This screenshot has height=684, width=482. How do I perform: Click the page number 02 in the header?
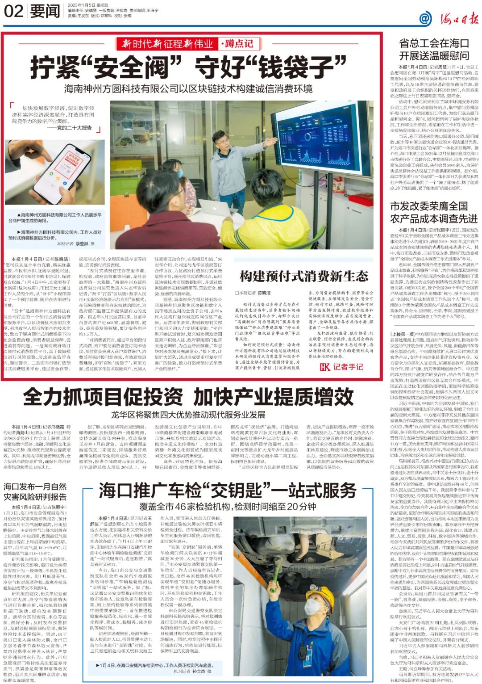[x=13, y=11]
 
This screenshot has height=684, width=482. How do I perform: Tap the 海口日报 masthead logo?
[x=450, y=18]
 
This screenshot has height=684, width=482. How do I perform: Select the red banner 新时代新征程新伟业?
[x=168, y=44]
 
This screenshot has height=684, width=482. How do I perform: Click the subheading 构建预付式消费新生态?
[x=303, y=276]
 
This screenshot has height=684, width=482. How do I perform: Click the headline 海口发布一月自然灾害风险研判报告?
[x=35, y=491]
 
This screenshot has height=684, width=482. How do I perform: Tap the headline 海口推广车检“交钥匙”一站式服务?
[x=227, y=491]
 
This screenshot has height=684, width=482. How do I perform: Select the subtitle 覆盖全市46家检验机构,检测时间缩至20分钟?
[x=227, y=507]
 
